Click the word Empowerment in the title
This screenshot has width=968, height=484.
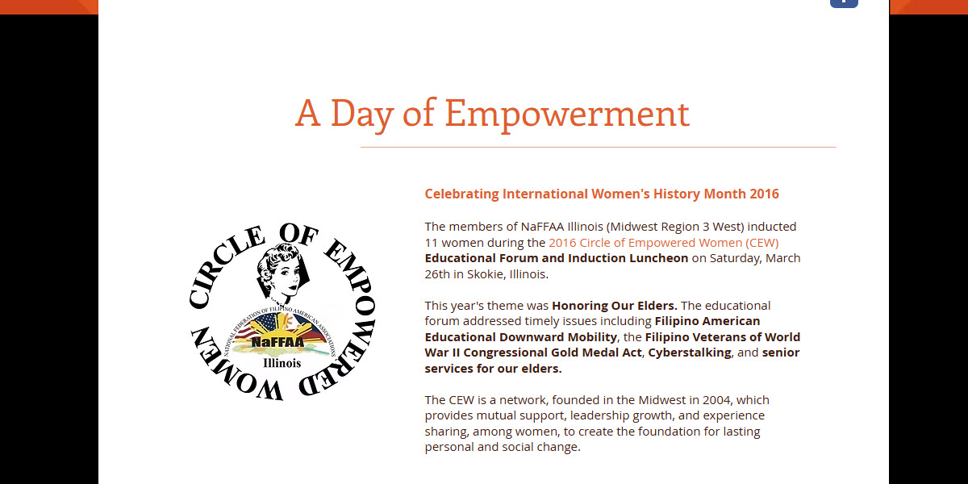point(567,114)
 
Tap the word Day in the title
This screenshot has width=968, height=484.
point(362,114)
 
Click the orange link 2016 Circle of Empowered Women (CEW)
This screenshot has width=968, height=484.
point(664,243)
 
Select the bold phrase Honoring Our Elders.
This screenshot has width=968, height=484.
point(615,306)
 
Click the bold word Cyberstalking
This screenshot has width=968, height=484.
point(690,353)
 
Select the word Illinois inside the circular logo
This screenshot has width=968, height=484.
point(282,363)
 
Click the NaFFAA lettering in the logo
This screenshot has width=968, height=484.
point(277,342)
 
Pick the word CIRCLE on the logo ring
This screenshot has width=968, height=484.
point(226,265)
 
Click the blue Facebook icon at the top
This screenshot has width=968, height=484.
point(844,3)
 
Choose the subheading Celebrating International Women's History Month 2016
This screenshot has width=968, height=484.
point(602,194)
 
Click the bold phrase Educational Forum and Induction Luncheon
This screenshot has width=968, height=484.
point(557,258)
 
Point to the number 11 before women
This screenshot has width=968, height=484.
point(432,243)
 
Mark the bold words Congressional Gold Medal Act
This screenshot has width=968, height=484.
point(553,353)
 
